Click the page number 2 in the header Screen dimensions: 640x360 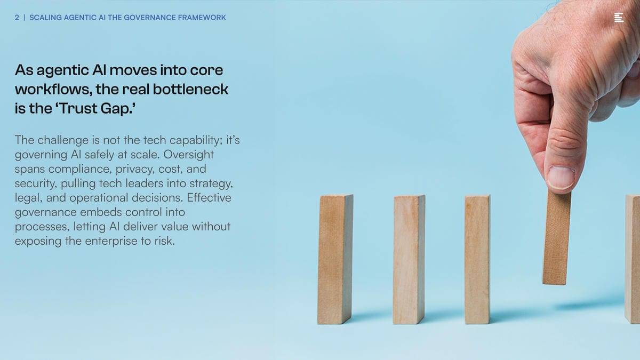click(17, 18)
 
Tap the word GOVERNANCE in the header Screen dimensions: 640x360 click(149, 18)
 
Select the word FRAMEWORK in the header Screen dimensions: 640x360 click(202, 18)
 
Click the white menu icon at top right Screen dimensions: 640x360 click(619, 18)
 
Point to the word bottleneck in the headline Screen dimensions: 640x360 click(190, 89)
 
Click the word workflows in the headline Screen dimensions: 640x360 click(53, 89)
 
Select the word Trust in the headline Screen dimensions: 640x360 click(78, 108)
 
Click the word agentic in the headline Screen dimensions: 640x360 click(62, 70)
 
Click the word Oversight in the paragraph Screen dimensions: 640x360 click(188, 155)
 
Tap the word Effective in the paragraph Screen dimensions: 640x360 click(209, 198)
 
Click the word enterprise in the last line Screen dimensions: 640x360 click(111, 241)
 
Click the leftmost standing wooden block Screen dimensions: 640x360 click(335, 259)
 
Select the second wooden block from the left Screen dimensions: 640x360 click(409, 259)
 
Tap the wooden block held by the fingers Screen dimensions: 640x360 click(557, 238)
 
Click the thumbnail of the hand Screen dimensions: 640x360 click(561, 177)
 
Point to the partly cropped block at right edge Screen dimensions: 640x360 click(633, 259)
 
